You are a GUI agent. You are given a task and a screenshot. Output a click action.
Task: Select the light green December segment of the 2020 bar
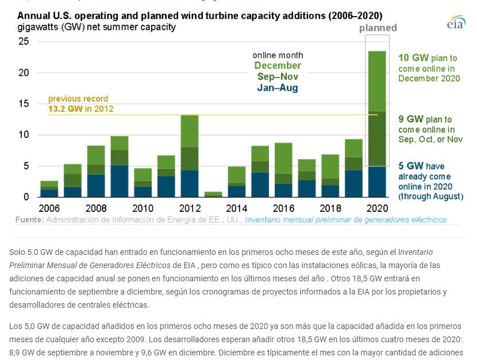[x=377, y=81]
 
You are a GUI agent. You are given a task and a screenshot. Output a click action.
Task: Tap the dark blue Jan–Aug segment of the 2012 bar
[x=190, y=183]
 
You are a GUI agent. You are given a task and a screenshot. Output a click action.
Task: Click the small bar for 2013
[x=213, y=194]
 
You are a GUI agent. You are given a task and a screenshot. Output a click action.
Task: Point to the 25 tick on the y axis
[x=24, y=41]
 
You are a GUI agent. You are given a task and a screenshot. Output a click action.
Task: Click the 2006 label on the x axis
[x=49, y=208]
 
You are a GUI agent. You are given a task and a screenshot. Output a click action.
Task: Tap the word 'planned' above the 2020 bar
[x=378, y=28]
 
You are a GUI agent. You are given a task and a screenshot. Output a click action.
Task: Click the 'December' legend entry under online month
[x=278, y=65]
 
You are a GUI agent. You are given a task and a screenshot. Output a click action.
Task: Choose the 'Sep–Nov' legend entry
[x=278, y=76]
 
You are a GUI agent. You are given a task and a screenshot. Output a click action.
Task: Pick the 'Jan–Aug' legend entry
[x=278, y=88]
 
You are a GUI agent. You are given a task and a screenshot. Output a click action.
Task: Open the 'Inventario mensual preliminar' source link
[x=345, y=220]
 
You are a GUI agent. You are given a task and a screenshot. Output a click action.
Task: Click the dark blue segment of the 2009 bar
[x=120, y=181]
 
